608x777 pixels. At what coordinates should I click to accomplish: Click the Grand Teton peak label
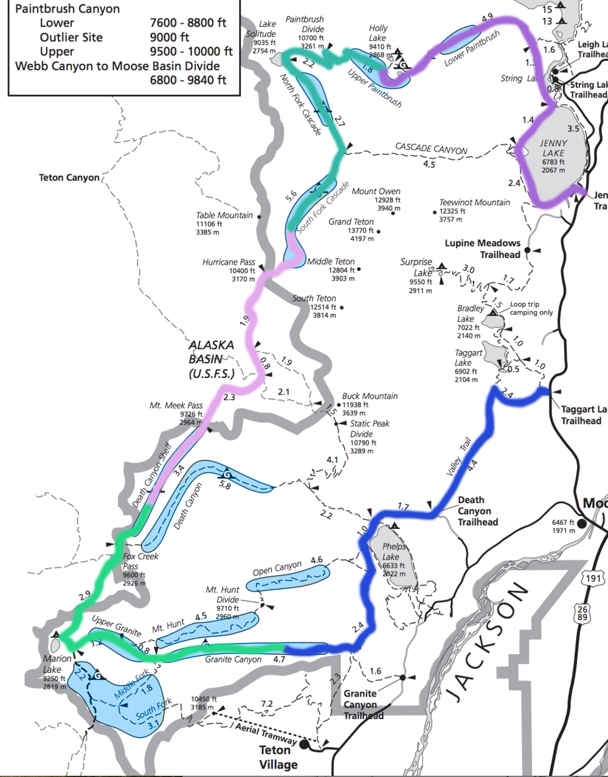pyautogui.click(x=351, y=221)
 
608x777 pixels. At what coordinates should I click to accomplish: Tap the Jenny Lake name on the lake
pyautogui.click(x=553, y=148)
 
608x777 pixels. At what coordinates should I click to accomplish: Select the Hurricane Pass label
pyautogui.click(x=229, y=262)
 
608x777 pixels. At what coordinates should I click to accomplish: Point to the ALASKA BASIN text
pyautogui.click(x=211, y=359)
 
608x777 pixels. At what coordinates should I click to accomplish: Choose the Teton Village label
pyautogui.click(x=278, y=757)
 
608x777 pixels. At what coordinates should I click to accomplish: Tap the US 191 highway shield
pyautogui.click(x=593, y=578)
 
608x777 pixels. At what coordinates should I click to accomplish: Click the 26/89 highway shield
pyautogui.click(x=582, y=613)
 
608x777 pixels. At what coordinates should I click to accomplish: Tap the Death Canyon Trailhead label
pyautogui.click(x=477, y=511)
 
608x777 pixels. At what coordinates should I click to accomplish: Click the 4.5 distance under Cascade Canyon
pyautogui.click(x=429, y=164)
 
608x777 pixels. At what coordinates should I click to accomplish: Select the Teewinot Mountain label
pyautogui.click(x=474, y=203)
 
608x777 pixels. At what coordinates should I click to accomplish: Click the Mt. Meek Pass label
pyautogui.click(x=176, y=405)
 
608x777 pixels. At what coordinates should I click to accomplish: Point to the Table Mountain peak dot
pyautogui.click(x=259, y=217)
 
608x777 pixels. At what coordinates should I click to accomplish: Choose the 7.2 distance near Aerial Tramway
pyautogui.click(x=267, y=704)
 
